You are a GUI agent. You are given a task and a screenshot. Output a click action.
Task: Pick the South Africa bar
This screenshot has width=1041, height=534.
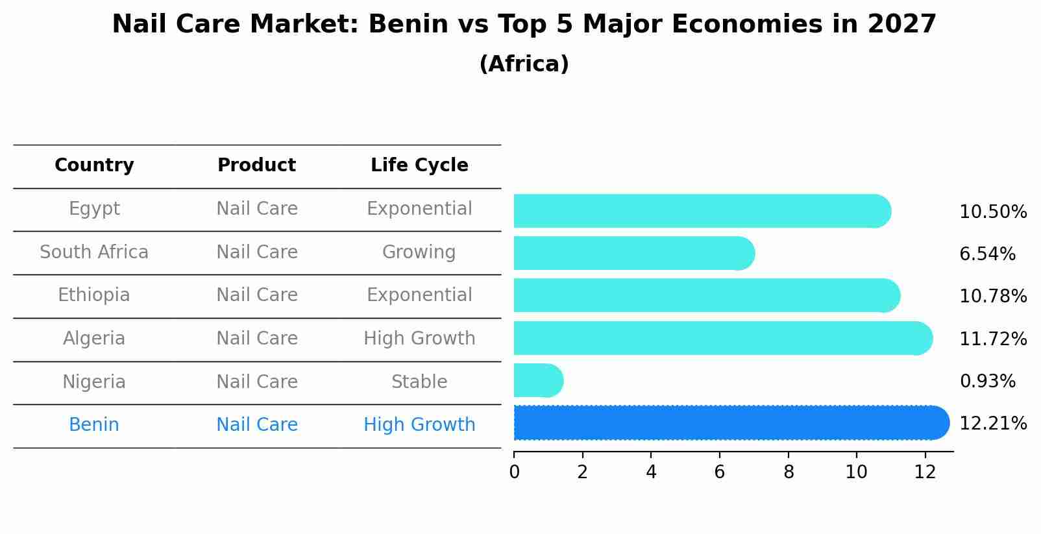click(633, 253)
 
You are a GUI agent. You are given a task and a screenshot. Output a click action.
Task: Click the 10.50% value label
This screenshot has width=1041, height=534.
click(992, 212)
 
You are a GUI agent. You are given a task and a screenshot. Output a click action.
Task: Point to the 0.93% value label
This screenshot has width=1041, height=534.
click(987, 382)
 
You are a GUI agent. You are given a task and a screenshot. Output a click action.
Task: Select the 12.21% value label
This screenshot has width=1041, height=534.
click(992, 424)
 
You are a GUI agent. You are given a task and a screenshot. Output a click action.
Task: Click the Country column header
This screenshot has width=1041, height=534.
click(94, 165)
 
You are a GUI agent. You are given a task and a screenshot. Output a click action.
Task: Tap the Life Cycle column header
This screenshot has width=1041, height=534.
click(419, 165)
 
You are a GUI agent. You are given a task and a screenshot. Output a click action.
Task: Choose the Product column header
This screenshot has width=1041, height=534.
click(256, 165)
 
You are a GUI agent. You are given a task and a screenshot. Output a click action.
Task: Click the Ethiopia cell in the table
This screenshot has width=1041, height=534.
click(94, 295)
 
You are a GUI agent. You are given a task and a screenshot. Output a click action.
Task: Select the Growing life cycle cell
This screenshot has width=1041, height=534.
click(419, 252)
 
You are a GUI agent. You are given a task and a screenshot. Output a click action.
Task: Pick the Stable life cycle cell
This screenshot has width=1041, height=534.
click(419, 382)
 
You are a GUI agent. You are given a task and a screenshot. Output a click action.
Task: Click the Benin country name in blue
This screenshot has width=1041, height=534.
click(94, 425)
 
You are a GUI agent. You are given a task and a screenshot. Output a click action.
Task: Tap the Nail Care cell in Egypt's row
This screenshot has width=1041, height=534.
click(256, 209)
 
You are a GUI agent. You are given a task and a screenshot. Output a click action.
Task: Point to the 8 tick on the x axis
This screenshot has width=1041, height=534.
click(788, 472)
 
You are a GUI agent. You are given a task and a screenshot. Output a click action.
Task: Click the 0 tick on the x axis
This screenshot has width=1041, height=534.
click(514, 472)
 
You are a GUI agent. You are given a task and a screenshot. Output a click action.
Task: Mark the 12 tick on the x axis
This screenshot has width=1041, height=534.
click(925, 472)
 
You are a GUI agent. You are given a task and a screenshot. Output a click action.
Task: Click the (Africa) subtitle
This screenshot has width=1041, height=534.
click(524, 64)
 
